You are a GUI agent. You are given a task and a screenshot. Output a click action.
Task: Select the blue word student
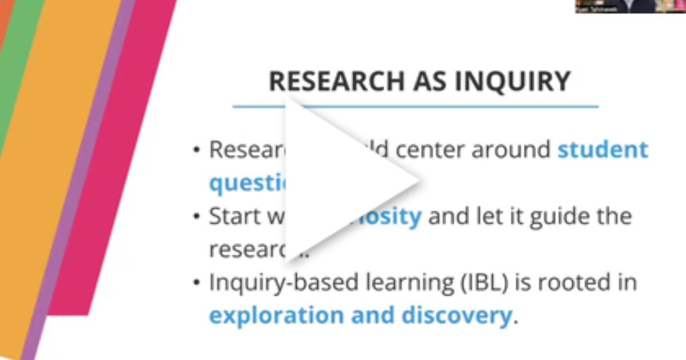603,150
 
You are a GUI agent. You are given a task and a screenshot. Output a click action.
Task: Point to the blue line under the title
415,106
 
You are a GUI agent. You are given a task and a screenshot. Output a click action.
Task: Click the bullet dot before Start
197,218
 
